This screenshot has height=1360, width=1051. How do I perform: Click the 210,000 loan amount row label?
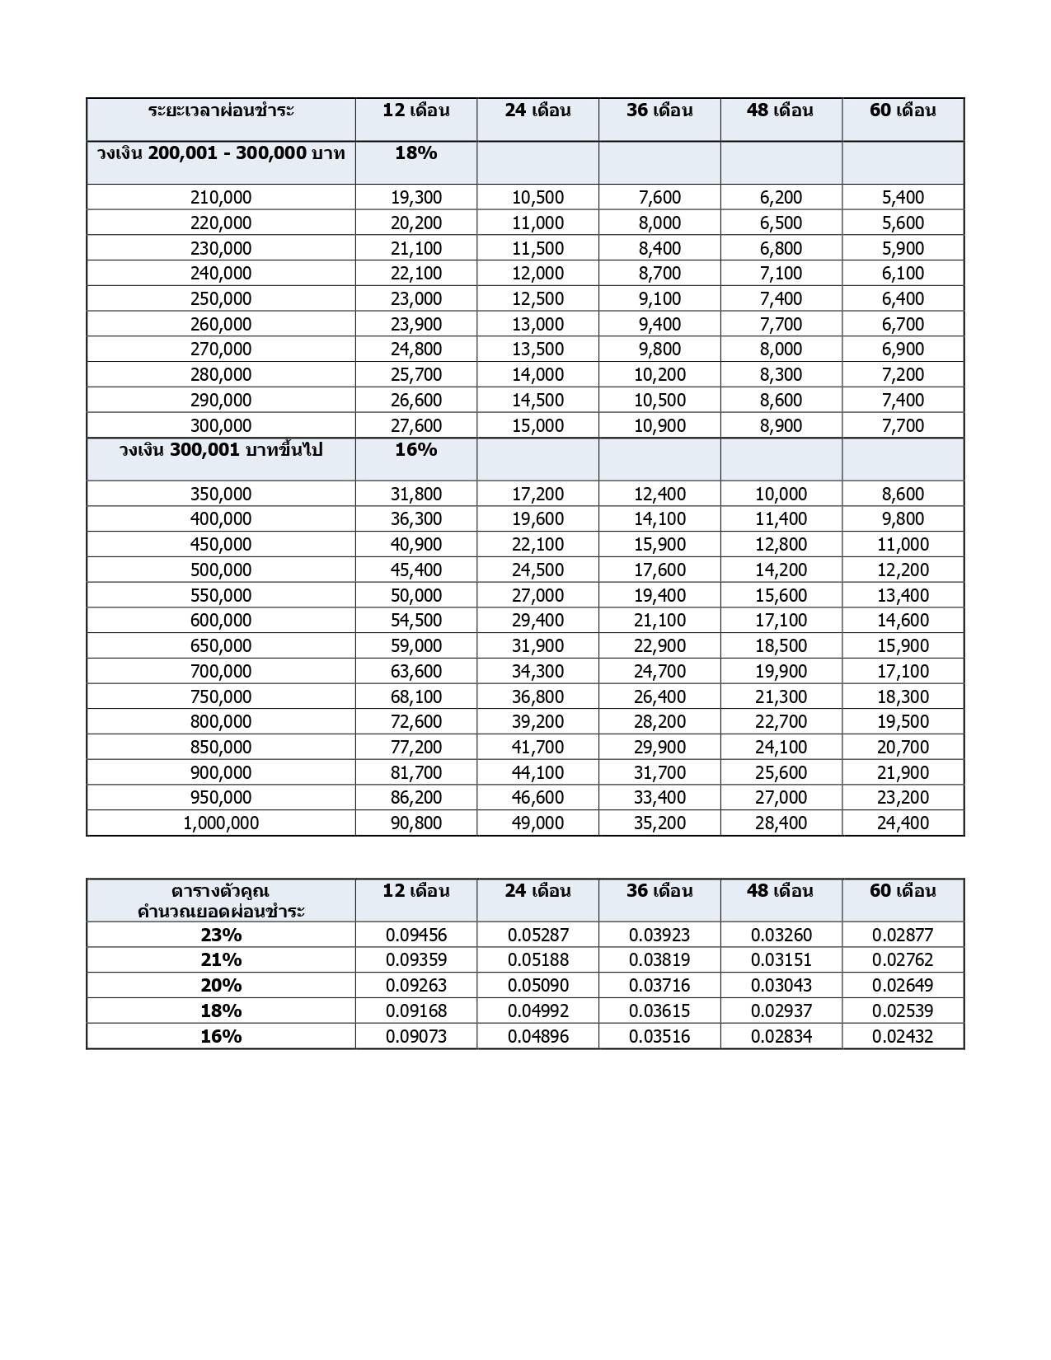point(221,198)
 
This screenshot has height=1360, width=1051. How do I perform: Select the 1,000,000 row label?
point(221,823)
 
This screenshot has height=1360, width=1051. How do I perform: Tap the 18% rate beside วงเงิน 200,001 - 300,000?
point(415,153)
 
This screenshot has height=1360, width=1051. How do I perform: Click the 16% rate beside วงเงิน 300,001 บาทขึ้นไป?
point(415,450)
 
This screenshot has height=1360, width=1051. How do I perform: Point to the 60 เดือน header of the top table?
point(903,110)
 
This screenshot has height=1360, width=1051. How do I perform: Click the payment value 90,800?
point(415,823)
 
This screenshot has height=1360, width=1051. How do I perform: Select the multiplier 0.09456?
point(415,935)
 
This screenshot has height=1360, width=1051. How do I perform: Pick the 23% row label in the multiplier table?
point(221,935)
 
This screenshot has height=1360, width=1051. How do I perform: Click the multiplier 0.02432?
point(903,1036)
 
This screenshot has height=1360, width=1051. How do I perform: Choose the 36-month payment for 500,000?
point(659,570)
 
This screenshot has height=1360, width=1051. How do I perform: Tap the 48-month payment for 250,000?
point(781,298)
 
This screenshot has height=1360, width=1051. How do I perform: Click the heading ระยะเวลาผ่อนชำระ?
point(221,110)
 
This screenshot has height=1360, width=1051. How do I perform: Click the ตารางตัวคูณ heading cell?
point(221,900)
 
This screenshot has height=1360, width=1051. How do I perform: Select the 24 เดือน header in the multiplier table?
point(537,891)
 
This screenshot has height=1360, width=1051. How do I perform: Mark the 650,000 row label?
point(221,645)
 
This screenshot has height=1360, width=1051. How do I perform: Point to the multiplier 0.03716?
point(659,985)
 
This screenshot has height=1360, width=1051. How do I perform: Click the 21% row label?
point(221,959)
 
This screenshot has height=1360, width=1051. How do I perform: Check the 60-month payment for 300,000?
point(903,425)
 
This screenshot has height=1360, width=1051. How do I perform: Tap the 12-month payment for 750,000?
point(415,696)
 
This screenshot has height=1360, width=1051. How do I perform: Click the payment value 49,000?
point(537,823)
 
